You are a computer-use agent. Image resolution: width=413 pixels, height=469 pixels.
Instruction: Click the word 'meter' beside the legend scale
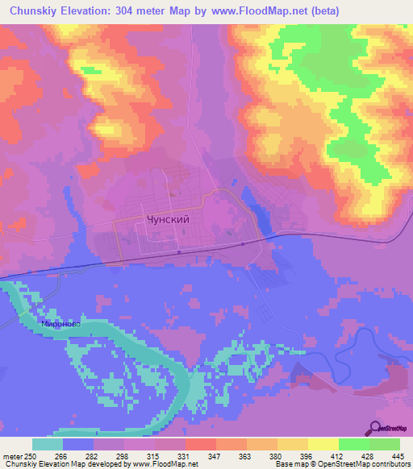pos(10,455)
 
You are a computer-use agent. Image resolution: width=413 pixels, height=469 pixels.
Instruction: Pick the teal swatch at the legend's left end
pos(48,444)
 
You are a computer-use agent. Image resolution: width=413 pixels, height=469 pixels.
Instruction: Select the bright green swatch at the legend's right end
pos(385,444)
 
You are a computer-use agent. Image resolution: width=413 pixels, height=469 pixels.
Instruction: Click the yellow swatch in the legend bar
pos(323,444)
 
